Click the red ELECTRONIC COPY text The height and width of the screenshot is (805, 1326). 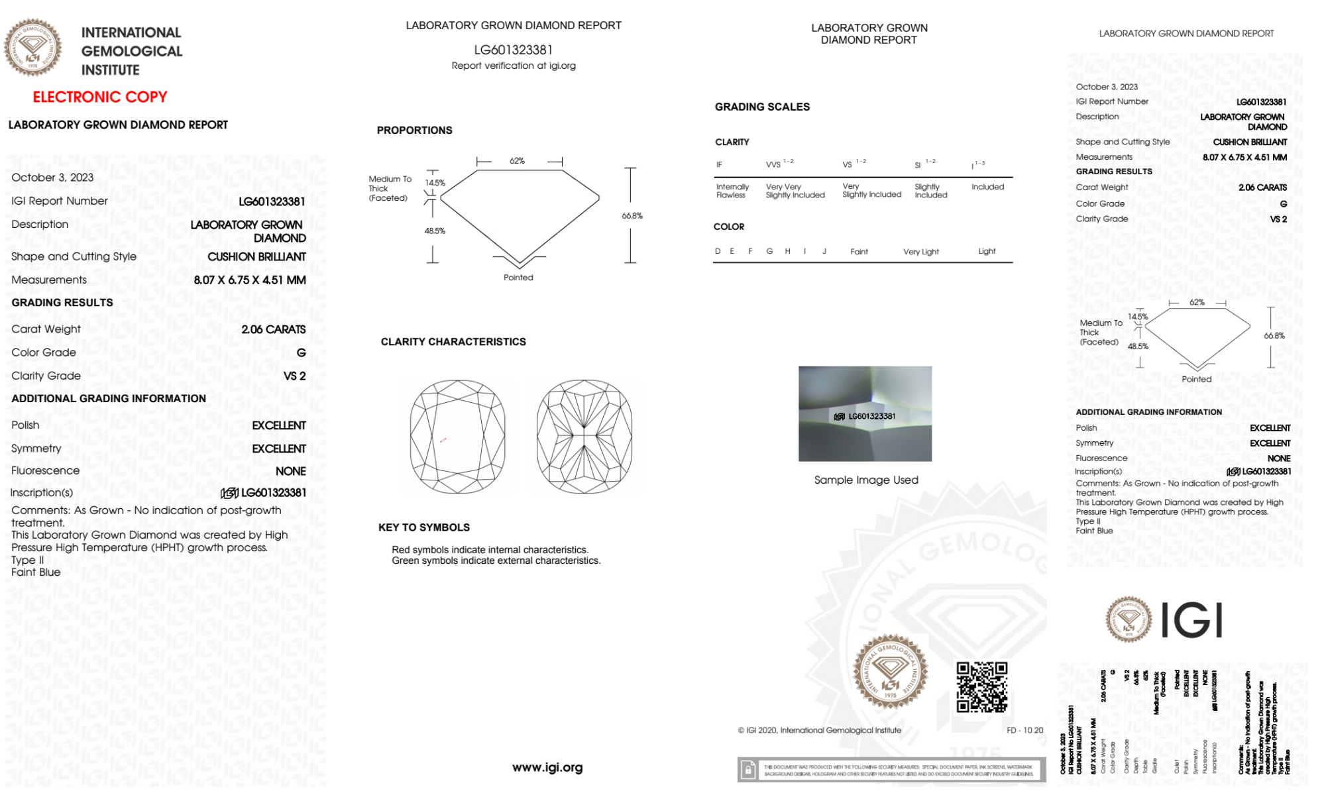100,97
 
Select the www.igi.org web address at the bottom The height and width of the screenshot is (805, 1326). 547,767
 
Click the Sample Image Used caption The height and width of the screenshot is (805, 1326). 866,480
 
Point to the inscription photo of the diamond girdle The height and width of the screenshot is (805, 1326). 865,413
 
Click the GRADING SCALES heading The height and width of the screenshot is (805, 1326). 762,107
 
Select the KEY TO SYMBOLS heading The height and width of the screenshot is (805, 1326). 424,527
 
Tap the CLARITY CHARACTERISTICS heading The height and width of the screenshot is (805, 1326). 453,342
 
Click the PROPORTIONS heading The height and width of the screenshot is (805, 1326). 415,131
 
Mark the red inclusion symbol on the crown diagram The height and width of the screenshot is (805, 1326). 443,440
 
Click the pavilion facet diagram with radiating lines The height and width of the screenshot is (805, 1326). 584,436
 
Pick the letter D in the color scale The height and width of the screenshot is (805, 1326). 718,251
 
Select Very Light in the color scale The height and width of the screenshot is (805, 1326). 920,252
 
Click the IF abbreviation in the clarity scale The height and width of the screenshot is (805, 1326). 719,165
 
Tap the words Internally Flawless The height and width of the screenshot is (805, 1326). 732,191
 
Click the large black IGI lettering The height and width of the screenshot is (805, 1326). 1192,621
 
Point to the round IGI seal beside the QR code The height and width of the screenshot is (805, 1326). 890,672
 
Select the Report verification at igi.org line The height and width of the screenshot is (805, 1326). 514,66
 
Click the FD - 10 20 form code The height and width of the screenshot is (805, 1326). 1024,730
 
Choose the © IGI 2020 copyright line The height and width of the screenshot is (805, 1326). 820,730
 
